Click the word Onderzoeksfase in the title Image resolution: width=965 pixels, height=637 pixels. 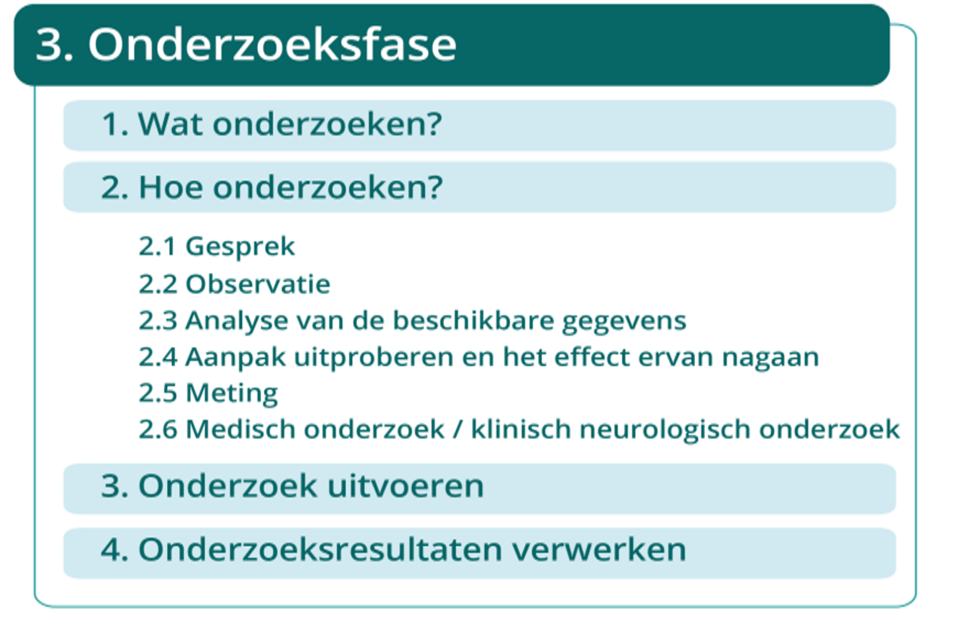pos(272,45)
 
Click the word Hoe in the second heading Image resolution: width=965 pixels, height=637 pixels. pos(168,187)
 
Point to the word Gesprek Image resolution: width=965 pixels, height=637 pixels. pos(240,246)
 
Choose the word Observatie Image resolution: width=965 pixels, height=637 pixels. pos(258,284)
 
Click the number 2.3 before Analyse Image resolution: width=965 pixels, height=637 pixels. pos(158,320)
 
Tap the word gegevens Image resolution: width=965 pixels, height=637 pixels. pos(623,322)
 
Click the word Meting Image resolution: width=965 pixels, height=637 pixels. pos(232,394)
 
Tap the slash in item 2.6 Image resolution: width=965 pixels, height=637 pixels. pos(457,430)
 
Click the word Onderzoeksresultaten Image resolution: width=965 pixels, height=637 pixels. pos(320,550)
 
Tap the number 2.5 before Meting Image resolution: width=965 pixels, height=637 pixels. pos(158,393)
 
